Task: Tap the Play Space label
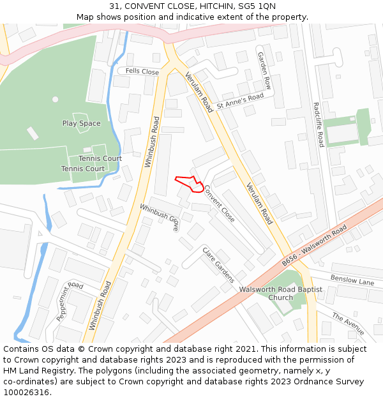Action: click(x=81, y=123)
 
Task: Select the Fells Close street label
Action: click(x=142, y=72)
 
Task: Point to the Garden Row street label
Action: click(x=264, y=70)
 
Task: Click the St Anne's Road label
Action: click(x=240, y=100)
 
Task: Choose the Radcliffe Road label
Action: click(x=317, y=124)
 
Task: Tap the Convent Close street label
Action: click(x=219, y=204)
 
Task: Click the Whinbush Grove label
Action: click(x=160, y=217)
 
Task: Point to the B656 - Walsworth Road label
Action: click(x=314, y=245)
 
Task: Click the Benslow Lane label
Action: click(x=352, y=281)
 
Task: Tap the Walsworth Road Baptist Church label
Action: click(x=281, y=294)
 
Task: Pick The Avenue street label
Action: click(x=348, y=324)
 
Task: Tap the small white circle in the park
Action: click(x=55, y=99)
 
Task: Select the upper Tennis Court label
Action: click(x=100, y=158)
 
